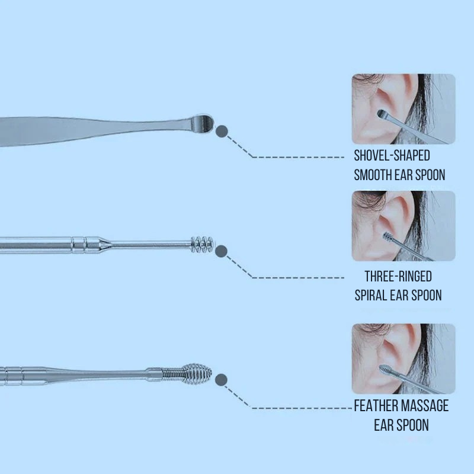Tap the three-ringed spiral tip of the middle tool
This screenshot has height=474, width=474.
(x=202, y=244)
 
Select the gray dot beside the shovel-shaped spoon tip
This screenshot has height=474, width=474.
(x=222, y=131)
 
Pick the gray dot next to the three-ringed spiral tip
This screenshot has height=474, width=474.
(x=221, y=251)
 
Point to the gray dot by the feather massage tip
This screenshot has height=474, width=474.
(x=221, y=380)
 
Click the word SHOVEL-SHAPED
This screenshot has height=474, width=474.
(x=392, y=155)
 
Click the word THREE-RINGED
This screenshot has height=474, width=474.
(x=398, y=276)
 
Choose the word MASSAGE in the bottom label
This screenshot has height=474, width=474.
(x=423, y=406)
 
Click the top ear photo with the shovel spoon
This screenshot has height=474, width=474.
(x=403, y=109)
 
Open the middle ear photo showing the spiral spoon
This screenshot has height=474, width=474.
(x=403, y=226)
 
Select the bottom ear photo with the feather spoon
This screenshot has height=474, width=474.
(x=403, y=358)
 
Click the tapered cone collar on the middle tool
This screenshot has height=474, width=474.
(x=104, y=244)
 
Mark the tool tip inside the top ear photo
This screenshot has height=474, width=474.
(x=382, y=114)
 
